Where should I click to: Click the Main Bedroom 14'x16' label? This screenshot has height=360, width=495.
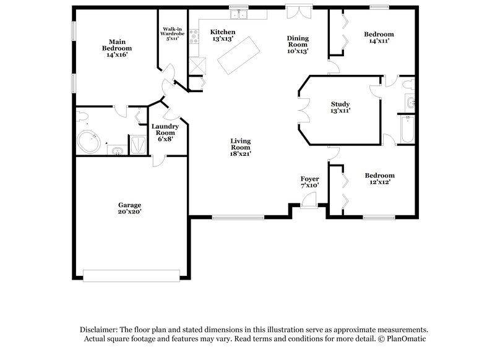pos(113,47)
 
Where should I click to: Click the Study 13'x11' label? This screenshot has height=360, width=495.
pos(340,108)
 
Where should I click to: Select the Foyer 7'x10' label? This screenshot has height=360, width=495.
pos(309,182)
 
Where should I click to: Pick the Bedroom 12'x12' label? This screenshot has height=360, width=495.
pos(379,179)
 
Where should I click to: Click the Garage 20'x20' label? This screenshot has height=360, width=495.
pos(130,208)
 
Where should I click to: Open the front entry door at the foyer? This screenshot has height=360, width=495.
pos(308,199)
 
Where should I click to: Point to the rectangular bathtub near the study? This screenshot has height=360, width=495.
pos(406,130)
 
